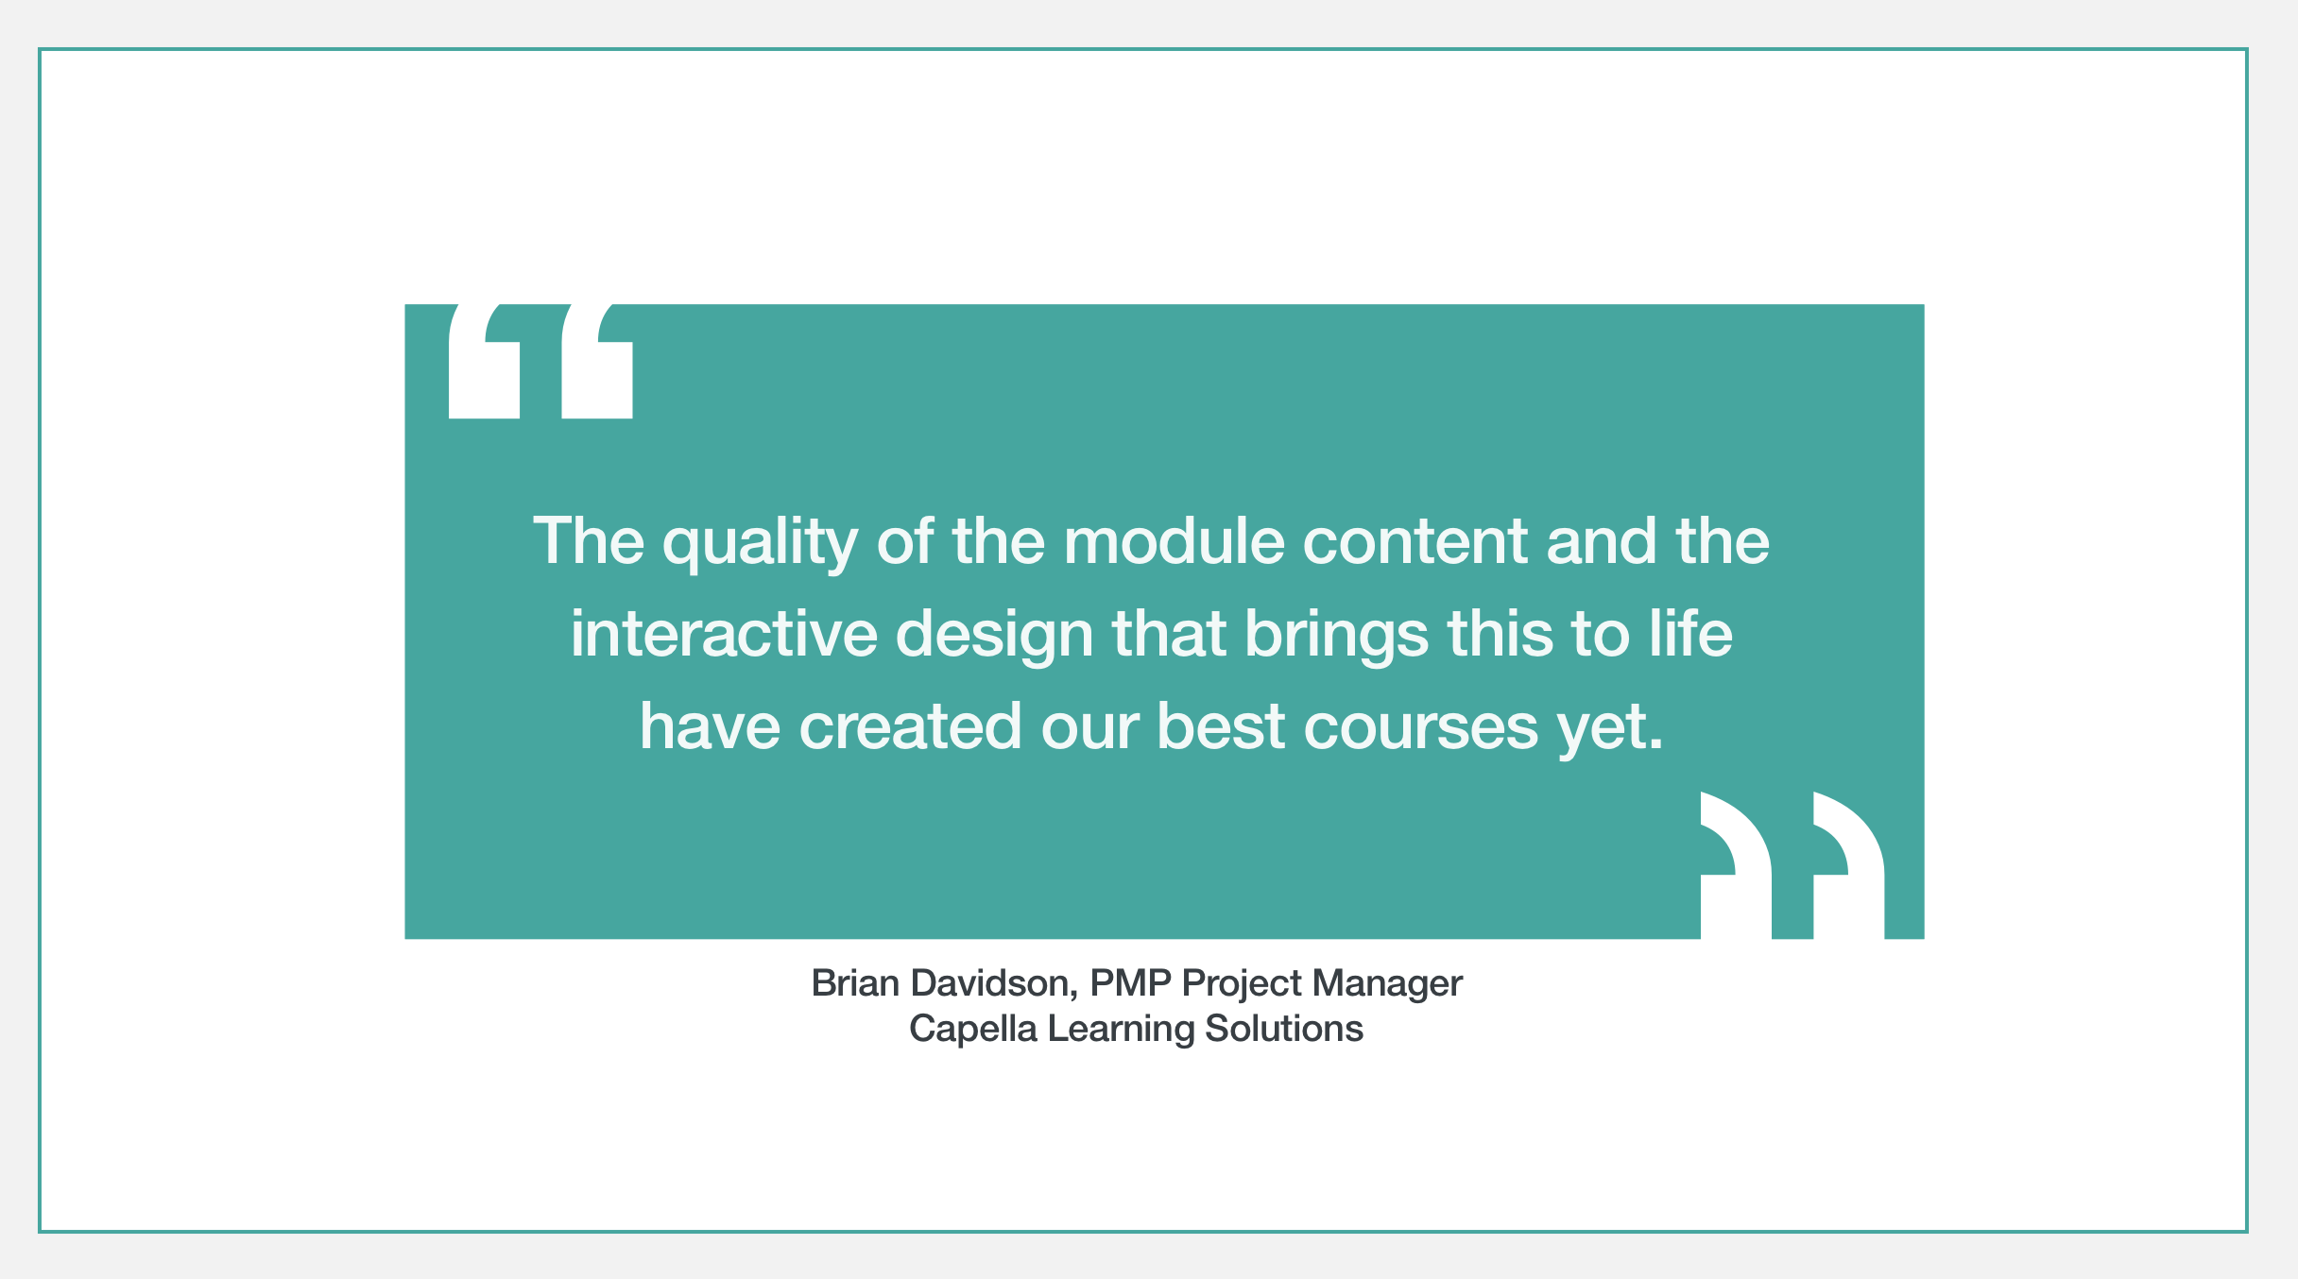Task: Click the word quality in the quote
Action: (x=760, y=543)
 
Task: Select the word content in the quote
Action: (x=1415, y=542)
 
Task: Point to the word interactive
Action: (x=724, y=633)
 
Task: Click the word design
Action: (x=994, y=636)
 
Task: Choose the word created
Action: (x=910, y=725)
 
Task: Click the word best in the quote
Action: (x=1221, y=725)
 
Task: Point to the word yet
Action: (x=1610, y=729)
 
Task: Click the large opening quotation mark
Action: (x=540, y=361)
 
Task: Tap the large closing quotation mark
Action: (x=1792, y=865)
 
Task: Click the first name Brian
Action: (x=855, y=983)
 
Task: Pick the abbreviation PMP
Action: (x=1130, y=983)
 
